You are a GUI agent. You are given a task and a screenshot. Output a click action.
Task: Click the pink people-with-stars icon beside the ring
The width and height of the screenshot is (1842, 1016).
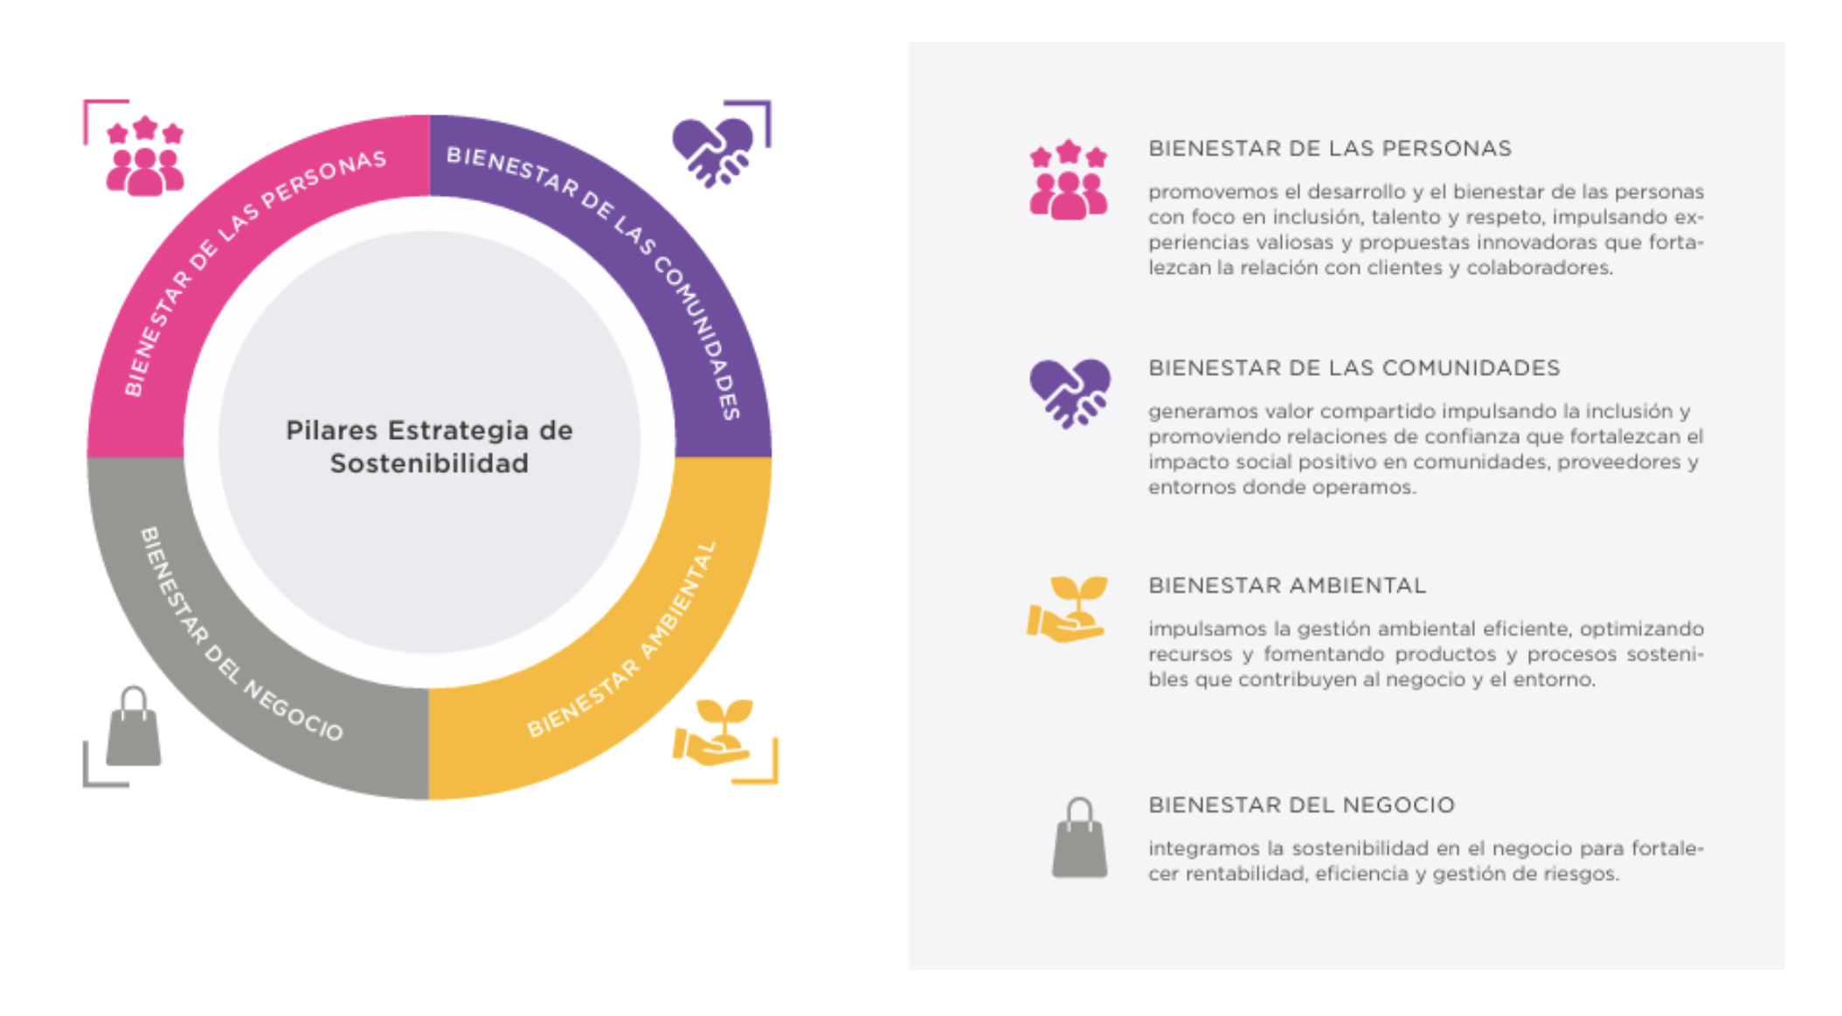tap(145, 157)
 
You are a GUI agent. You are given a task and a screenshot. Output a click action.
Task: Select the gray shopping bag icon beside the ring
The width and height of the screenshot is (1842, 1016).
tap(134, 727)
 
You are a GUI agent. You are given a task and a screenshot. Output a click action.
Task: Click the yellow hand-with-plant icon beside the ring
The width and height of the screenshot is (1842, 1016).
tap(713, 733)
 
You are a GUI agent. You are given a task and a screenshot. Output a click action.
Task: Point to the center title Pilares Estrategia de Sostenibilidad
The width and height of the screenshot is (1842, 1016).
tap(429, 446)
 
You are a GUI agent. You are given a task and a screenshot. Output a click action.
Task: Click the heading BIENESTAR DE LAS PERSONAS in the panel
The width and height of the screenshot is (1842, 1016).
tap(1329, 149)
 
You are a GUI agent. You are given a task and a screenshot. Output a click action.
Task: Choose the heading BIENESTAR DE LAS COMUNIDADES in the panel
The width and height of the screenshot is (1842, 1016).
tap(1354, 368)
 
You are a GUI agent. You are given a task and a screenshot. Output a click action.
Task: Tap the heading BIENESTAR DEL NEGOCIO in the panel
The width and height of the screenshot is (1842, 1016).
tap(1301, 805)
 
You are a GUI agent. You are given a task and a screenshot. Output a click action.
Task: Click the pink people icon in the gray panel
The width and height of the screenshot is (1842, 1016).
tap(1068, 179)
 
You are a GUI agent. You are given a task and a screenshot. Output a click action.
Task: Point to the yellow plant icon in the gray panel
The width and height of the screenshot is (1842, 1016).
tap(1067, 609)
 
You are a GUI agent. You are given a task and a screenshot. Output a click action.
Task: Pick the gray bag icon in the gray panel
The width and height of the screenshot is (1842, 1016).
tap(1079, 838)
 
